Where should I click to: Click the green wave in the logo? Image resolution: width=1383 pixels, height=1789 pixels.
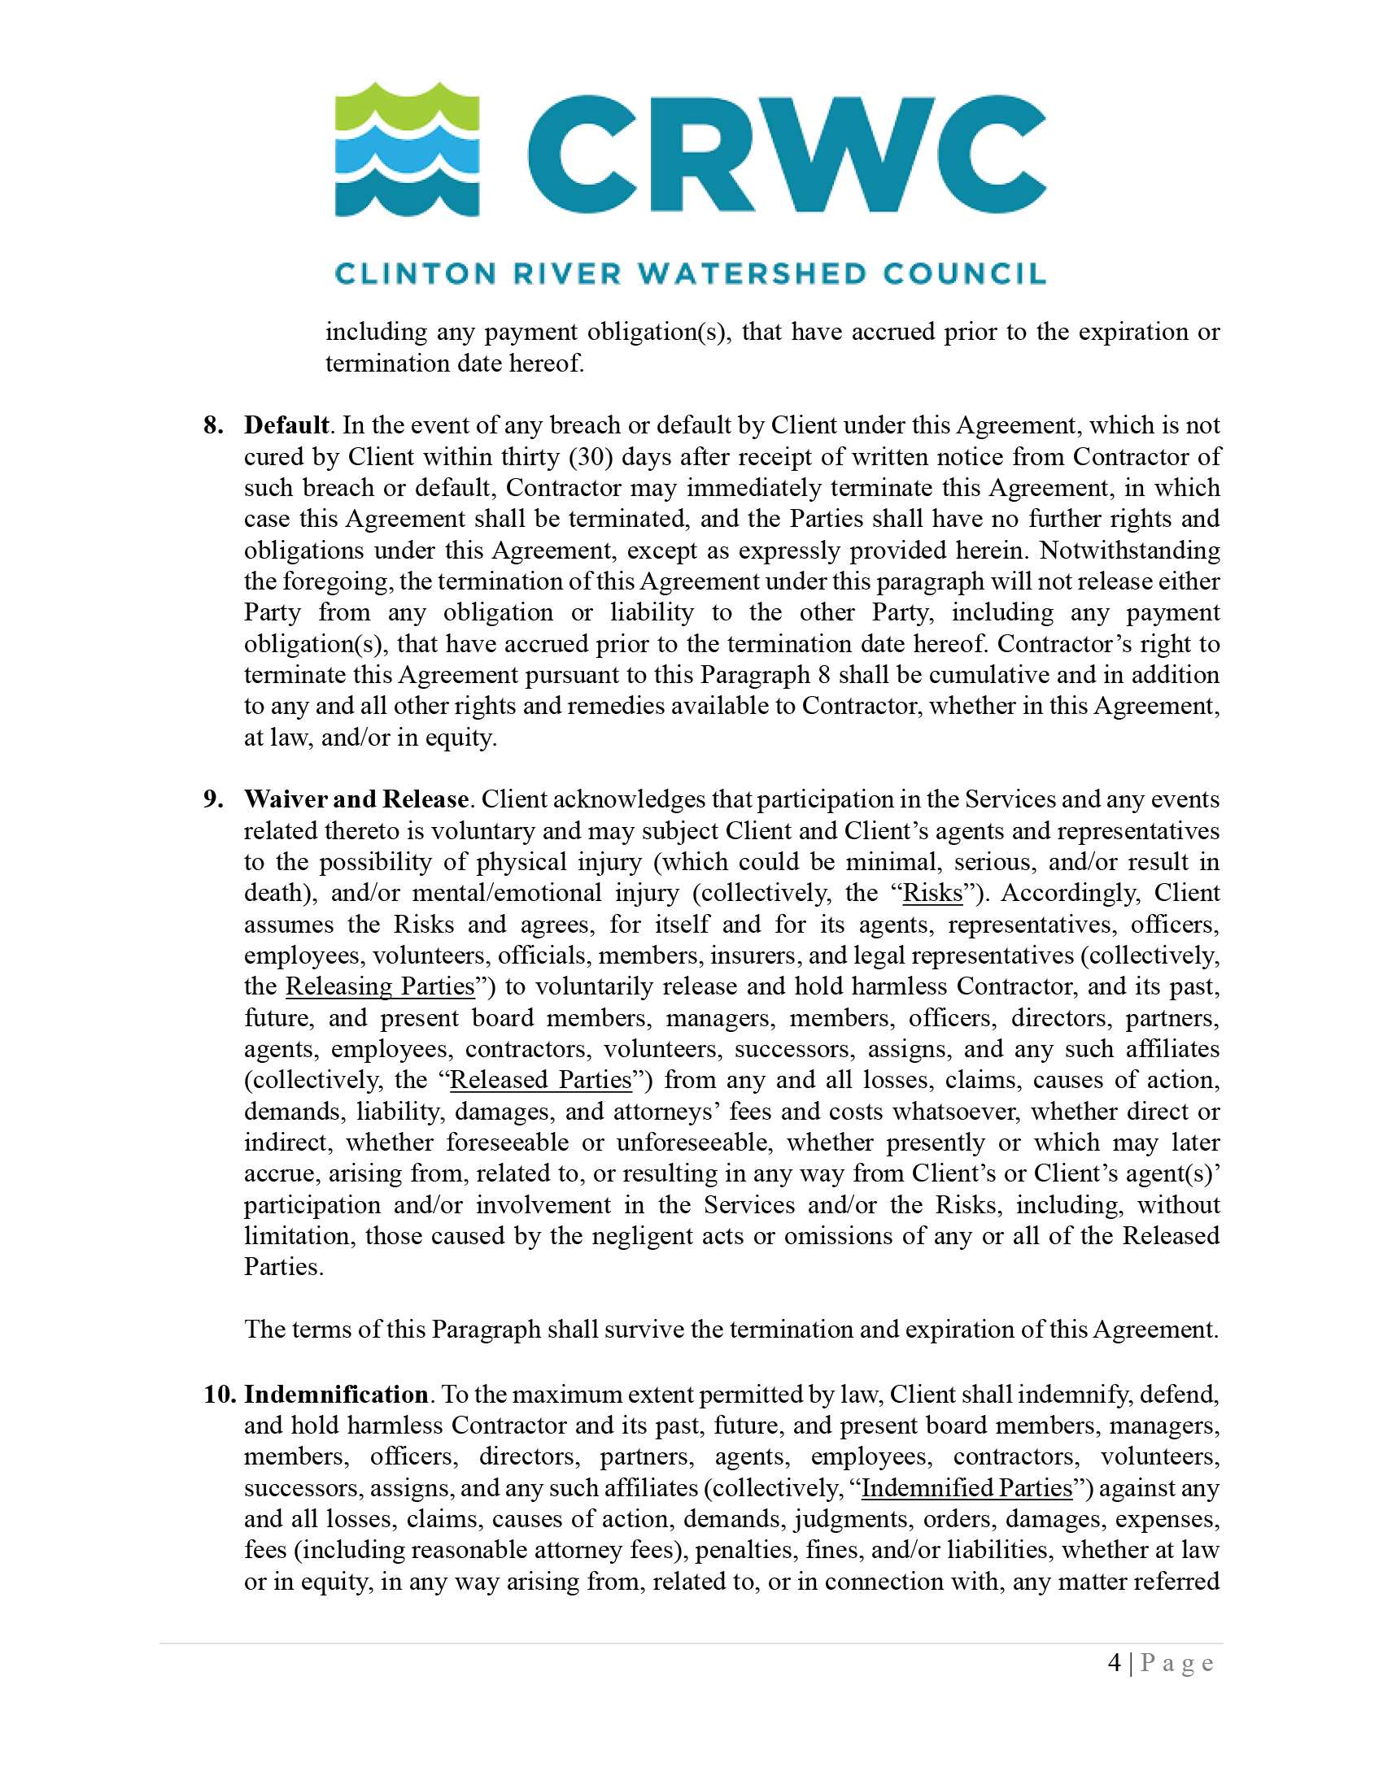408,111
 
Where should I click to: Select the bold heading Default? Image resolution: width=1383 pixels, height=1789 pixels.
286,425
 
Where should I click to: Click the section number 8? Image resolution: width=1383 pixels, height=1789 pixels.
213,425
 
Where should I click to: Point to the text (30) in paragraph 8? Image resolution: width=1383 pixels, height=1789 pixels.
590,456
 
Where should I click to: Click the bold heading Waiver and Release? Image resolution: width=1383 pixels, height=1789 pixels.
356,799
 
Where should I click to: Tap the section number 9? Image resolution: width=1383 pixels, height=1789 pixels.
213,799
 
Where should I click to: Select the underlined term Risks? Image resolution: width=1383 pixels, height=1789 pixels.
932,893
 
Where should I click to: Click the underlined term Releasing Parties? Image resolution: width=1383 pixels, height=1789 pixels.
380,986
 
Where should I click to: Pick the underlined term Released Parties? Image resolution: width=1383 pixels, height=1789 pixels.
541,1080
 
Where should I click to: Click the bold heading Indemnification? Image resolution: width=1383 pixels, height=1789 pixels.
336,1394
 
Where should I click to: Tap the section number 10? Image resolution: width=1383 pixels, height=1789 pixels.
220,1394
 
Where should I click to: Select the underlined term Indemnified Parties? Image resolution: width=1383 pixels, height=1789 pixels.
966,1487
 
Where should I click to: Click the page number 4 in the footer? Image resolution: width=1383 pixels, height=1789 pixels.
1115,1663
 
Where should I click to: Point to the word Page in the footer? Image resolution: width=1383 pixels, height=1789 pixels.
1176,1664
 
